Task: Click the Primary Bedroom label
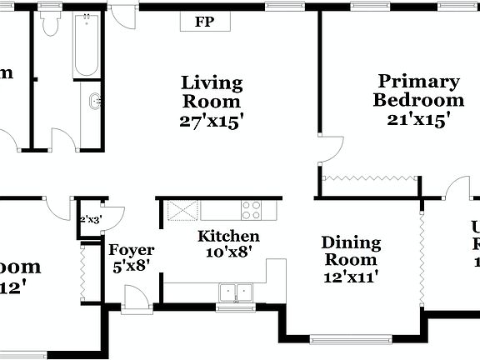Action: pos(418,91)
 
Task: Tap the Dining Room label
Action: pos(351,252)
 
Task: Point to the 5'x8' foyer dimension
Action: pos(132,267)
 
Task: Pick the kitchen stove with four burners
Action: pos(251,209)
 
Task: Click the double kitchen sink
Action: pos(236,292)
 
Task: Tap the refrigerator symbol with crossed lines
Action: pos(177,210)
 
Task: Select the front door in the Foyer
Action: pos(136,297)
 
